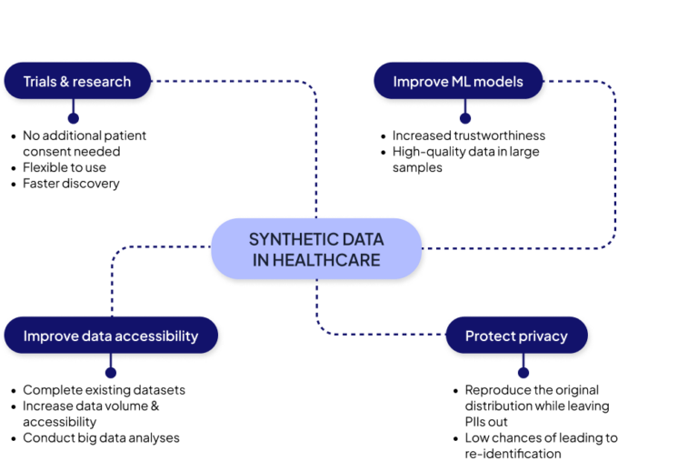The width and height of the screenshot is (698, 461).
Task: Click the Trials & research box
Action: coord(77,82)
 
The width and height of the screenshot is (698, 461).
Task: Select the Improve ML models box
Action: coord(458,82)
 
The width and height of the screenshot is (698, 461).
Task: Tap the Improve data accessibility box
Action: coord(111,336)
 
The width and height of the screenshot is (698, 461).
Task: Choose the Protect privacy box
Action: coord(516,336)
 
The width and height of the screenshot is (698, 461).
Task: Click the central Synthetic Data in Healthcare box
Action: coord(316,249)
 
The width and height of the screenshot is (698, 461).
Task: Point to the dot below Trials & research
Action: coord(74,117)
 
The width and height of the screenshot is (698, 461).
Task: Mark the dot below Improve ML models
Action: coord(465,117)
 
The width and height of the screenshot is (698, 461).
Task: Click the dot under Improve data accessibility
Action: coord(111,372)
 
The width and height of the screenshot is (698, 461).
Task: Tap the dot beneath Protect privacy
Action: coord(523,372)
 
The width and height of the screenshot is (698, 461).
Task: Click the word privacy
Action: coord(543,336)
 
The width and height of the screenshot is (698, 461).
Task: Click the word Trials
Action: coord(40,82)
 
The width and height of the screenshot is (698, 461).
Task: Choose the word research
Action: coord(102,82)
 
